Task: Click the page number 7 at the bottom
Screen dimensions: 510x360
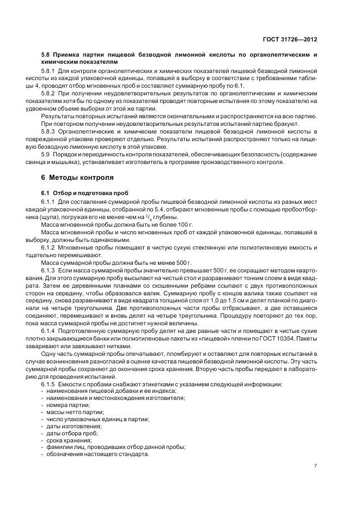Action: coord(316,466)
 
